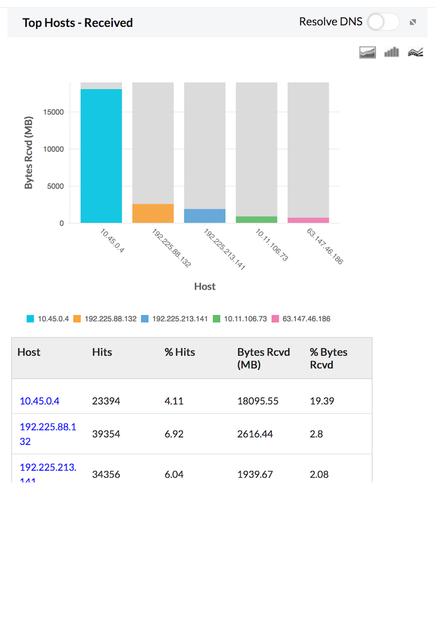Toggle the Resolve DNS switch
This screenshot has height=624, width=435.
tap(383, 22)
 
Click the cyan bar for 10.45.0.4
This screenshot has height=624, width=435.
tap(101, 156)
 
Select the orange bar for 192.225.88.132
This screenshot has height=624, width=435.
tap(153, 213)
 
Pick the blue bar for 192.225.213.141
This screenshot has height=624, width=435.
tap(204, 216)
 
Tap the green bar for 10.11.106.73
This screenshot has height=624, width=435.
tap(256, 220)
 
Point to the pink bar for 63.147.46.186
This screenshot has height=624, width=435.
tap(308, 220)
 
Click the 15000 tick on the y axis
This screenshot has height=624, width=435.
tap(52, 112)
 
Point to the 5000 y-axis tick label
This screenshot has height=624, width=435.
tap(55, 186)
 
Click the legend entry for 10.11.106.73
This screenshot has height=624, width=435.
tap(239, 319)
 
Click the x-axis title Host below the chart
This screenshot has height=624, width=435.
tap(204, 286)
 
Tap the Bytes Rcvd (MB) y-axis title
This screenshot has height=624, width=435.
tap(29, 154)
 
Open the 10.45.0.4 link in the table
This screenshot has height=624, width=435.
tap(39, 401)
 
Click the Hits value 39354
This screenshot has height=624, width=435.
tap(106, 434)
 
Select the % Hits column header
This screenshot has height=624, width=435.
tap(179, 352)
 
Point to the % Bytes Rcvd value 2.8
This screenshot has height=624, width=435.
tap(316, 434)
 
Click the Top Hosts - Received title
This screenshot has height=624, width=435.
tap(77, 22)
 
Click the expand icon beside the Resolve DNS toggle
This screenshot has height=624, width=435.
tap(413, 22)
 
